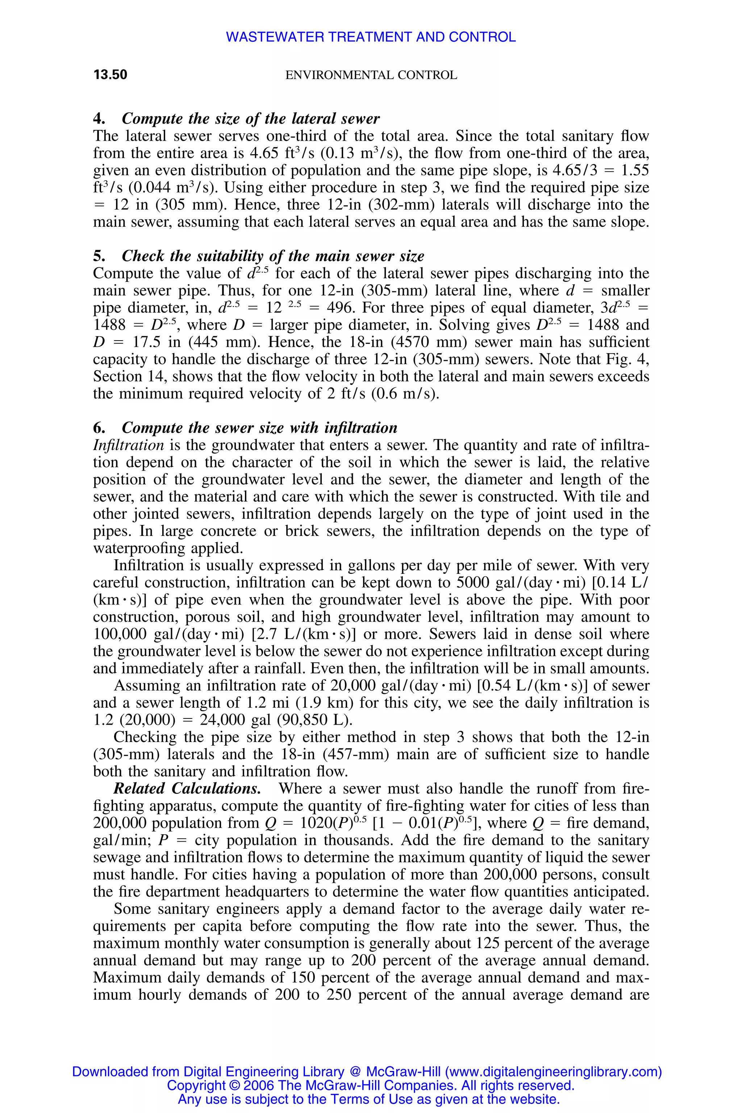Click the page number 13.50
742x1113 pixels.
click(x=110, y=75)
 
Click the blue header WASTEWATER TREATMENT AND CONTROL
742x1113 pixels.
click(x=371, y=37)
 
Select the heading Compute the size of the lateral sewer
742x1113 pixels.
click(x=250, y=118)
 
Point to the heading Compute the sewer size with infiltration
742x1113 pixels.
click(x=259, y=428)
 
